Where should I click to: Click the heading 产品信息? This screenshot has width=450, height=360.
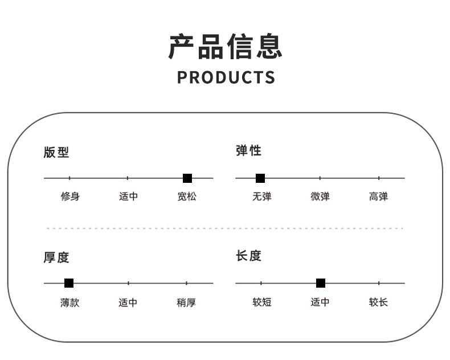[x=225, y=46]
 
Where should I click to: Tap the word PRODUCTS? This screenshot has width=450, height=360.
[x=226, y=77]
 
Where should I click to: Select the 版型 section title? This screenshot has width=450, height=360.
[x=56, y=152]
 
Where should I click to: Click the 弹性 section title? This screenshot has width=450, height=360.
[x=248, y=150]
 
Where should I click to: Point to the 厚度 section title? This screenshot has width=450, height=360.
[x=56, y=257]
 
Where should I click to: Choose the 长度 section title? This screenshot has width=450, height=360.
[x=248, y=256]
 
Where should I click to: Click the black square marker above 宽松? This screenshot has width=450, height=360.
[x=187, y=178]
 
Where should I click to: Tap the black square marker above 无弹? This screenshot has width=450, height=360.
[x=260, y=178]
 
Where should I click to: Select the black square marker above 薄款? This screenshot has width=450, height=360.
[x=69, y=283]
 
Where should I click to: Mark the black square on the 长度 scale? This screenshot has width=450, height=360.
[x=321, y=283]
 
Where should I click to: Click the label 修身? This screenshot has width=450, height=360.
[x=70, y=197]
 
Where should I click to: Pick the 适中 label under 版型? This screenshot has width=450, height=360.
[x=128, y=197]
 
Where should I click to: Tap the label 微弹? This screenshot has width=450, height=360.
[x=320, y=197]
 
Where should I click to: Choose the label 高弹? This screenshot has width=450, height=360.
[x=378, y=197]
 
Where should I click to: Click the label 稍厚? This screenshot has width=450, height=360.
[x=186, y=302]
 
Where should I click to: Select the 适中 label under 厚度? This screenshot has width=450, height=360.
[x=128, y=302]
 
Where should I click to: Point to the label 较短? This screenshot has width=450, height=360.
[x=262, y=302]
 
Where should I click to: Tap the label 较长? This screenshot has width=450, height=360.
[x=378, y=302]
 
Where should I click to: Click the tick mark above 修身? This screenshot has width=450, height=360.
[x=69, y=178]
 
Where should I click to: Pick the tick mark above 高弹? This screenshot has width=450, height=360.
[x=379, y=178]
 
